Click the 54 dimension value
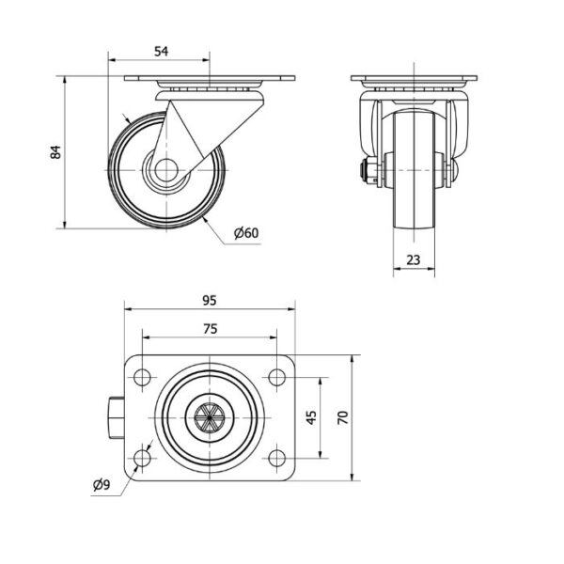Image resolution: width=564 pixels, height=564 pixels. [161, 52]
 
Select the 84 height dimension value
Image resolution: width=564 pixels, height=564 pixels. [55, 152]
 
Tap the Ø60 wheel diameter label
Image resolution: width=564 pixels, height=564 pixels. [246, 233]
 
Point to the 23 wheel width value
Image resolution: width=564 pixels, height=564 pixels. [414, 259]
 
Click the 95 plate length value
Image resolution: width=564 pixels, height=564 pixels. [210, 300]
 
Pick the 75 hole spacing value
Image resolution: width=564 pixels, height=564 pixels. [210, 328]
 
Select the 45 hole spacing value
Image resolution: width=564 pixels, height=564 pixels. [311, 417]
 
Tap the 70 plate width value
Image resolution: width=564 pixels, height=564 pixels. [343, 417]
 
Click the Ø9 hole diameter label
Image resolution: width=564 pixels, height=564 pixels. [102, 485]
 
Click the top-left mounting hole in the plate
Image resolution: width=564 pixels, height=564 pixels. [142, 377]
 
